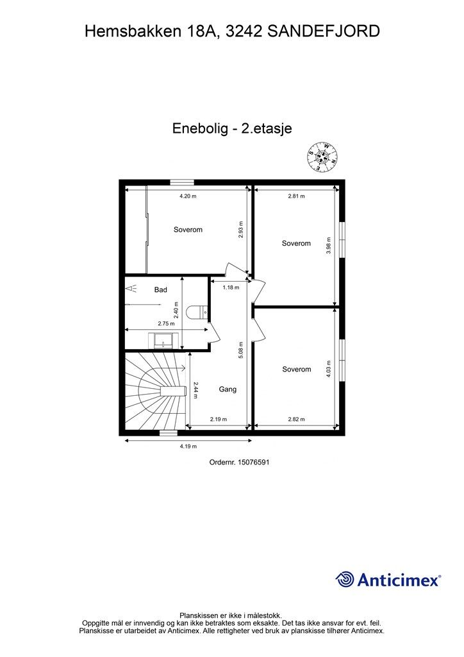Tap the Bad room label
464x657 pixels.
[160, 290]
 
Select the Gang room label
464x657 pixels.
[228, 389]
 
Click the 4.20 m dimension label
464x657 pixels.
[188, 196]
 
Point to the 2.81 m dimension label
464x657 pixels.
[296, 196]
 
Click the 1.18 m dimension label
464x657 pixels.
[231, 287]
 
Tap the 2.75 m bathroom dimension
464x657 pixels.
[166, 323]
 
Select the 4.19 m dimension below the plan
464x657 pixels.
[188, 446]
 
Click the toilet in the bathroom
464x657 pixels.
[195, 312]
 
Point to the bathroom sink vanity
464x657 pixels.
[163, 340]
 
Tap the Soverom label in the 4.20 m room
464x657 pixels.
[188, 230]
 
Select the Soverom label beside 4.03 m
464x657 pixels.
[296, 369]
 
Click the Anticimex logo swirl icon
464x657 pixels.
[345, 580]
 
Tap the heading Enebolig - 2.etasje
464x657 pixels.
[232, 128]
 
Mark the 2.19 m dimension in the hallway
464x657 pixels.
[219, 420]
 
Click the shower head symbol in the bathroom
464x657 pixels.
[131, 289]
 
